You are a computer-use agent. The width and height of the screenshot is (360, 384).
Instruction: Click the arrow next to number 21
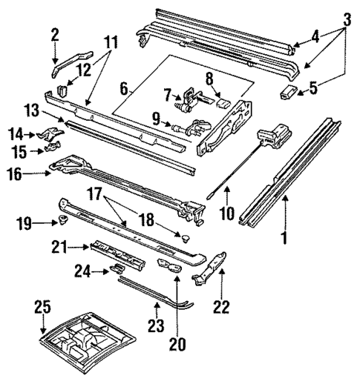point(82,245)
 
